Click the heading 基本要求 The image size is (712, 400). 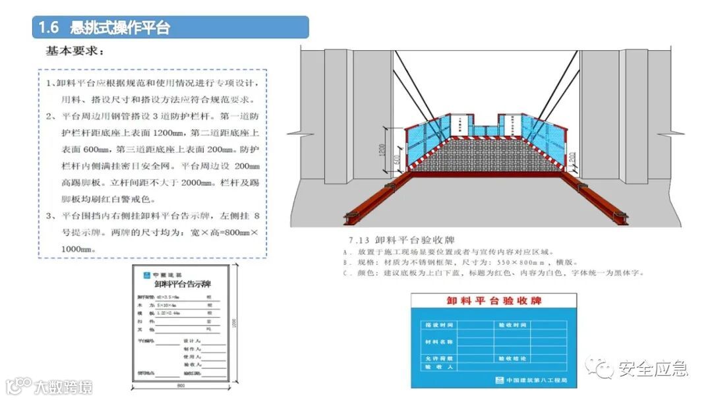coord(74,50)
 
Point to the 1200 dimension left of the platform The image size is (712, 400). coord(382,150)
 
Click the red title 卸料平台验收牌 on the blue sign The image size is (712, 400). coord(493,301)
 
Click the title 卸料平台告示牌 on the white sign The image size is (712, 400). coord(181,284)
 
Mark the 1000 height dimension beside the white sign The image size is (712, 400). coord(233,322)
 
